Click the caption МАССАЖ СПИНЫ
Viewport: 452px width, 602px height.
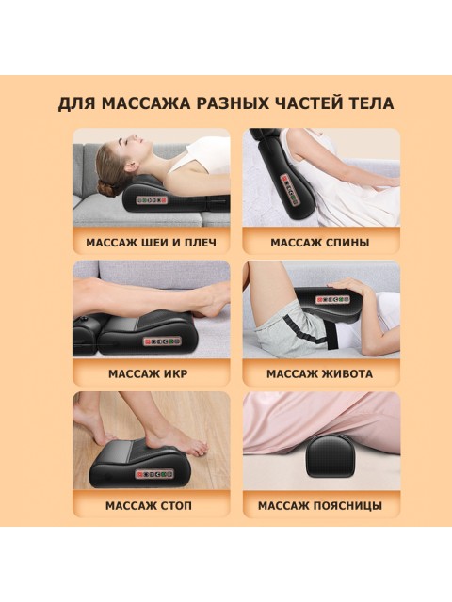(320, 242)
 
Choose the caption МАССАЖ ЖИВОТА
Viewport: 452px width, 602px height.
(320, 373)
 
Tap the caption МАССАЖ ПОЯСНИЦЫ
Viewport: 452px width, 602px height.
(320, 505)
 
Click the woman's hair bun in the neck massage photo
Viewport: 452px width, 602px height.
(107, 176)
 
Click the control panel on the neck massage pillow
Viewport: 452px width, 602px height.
(154, 199)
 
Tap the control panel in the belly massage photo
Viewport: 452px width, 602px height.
(331, 299)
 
